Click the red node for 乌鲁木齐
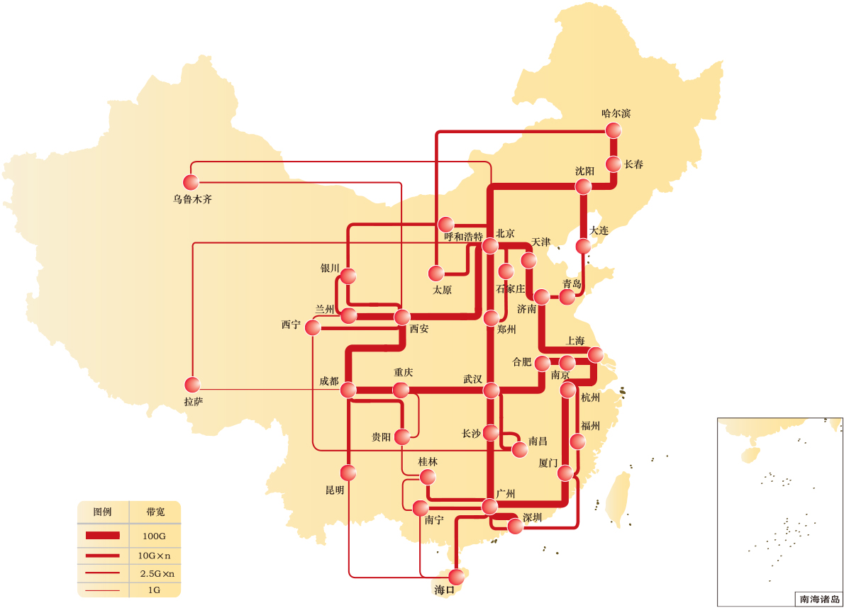point(191,182)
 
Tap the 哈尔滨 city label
point(616,113)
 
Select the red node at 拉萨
point(191,385)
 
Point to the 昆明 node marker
point(348,472)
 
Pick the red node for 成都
point(348,390)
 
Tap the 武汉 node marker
point(492,390)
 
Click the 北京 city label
point(505,234)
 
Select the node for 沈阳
point(583,186)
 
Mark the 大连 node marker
point(583,247)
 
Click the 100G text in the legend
point(154,536)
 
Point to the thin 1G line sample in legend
point(102,590)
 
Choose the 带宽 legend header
point(155,511)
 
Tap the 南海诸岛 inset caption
point(819,599)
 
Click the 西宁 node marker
point(311,327)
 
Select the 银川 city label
point(330,269)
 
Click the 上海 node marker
point(595,354)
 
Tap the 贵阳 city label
point(381,437)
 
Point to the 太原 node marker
point(436,273)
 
